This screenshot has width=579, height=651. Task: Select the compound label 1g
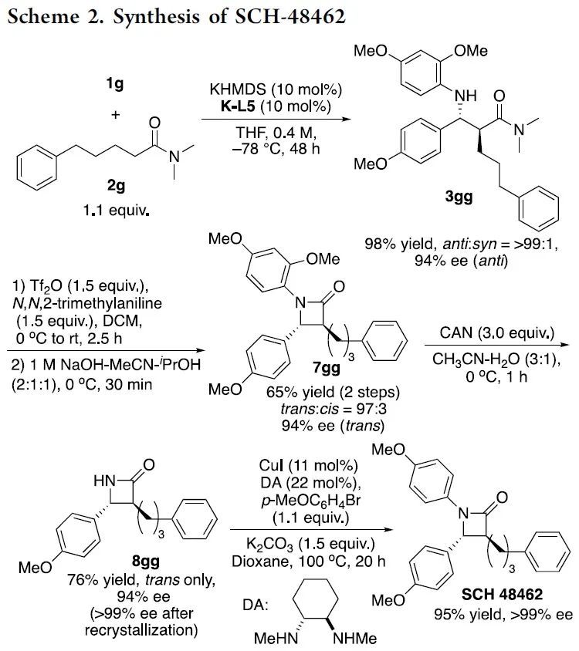(x=118, y=88)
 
